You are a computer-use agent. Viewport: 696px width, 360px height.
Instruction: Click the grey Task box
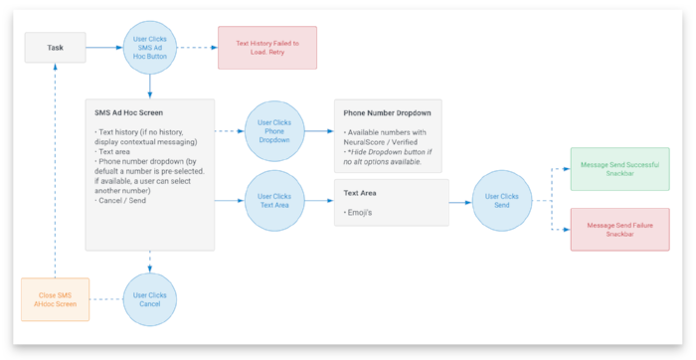[x=56, y=47]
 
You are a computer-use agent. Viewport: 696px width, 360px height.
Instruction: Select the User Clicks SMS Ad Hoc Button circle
[x=149, y=47]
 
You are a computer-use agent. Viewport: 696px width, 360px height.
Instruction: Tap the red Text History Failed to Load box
[x=266, y=47]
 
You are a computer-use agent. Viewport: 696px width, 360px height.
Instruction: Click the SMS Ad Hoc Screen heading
[x=128, y=113]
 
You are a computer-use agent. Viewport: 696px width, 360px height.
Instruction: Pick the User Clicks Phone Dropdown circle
[x=273, y=129]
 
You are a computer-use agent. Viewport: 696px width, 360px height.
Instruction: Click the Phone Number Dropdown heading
[x=379, y=113]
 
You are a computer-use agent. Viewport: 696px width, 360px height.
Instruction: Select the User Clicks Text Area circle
[x=273, y=201]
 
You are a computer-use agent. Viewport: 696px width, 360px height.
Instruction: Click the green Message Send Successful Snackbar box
[x=620, y=169]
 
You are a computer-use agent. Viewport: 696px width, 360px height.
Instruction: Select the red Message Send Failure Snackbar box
[x=620, y=230]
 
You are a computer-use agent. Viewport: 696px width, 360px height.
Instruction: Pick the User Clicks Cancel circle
[x=149, y=300]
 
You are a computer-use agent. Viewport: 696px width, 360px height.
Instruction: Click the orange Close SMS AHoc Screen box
[x=55, y=300]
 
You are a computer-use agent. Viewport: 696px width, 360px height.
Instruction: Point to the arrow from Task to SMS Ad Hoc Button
[x=103, y=47]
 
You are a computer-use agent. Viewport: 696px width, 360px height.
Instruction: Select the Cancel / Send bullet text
[x=122, y=201]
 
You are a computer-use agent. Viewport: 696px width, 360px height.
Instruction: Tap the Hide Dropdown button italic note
[x=388, y=157]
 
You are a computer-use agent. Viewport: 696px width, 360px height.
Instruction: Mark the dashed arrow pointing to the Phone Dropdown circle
[x=230, y=129]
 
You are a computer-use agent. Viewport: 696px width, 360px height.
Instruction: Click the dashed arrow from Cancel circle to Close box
[x=105, y=300]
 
